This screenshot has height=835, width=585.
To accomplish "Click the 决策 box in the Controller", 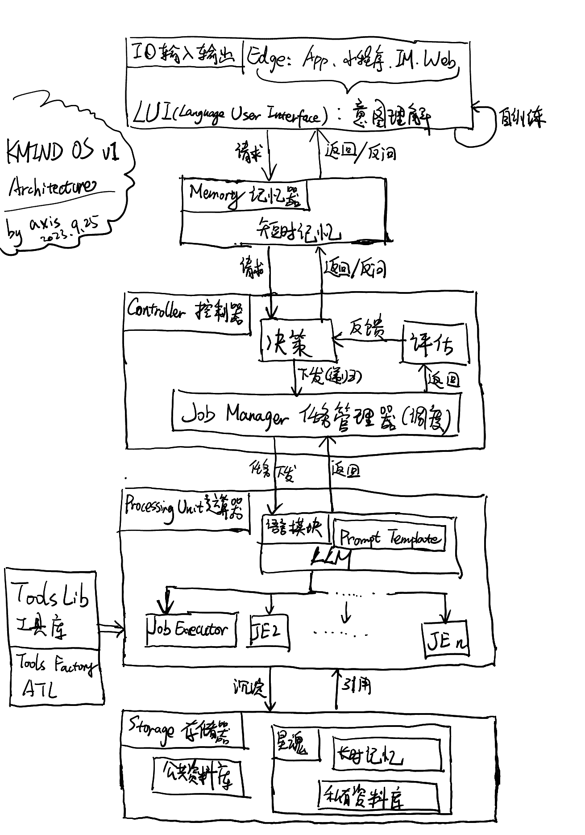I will coord(298,340).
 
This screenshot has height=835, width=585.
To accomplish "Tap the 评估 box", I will coord(435,343).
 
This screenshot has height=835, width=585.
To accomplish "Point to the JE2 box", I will coord(269,631).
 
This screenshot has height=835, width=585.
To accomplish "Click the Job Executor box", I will coord(191,630).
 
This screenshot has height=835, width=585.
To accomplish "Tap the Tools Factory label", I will coord(56,665).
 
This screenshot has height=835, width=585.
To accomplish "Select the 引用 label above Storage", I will coord(357,685).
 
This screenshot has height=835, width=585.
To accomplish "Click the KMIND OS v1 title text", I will coord(62,153).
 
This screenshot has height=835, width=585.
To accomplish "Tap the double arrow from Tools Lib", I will coord(112,628).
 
